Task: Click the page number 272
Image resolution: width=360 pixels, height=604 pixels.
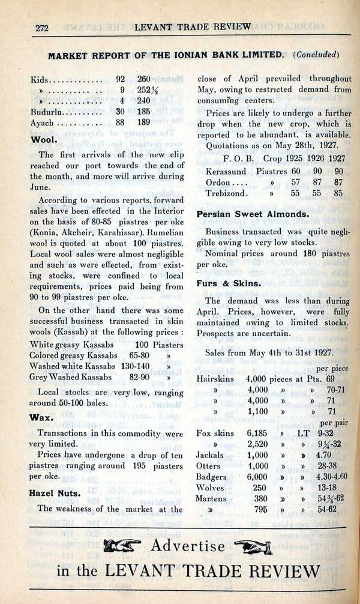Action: (41, 27)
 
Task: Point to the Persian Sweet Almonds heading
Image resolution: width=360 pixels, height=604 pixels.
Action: (253, 214)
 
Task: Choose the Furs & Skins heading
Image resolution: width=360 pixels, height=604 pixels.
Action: (229, 283)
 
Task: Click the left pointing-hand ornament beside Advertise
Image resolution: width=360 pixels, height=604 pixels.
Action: (124, 546)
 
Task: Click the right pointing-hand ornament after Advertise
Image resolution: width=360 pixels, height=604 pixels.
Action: (253, 546)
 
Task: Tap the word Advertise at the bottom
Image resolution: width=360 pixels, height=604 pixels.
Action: (188, 546)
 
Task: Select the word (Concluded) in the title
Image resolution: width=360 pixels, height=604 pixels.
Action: (316, 55)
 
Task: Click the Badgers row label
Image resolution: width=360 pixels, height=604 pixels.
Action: (211, 477)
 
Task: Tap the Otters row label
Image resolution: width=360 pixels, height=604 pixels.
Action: (208, 466)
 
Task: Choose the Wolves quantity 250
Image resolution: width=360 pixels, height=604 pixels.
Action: (259, 488)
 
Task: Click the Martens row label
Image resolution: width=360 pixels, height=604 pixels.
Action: (211, 498)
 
